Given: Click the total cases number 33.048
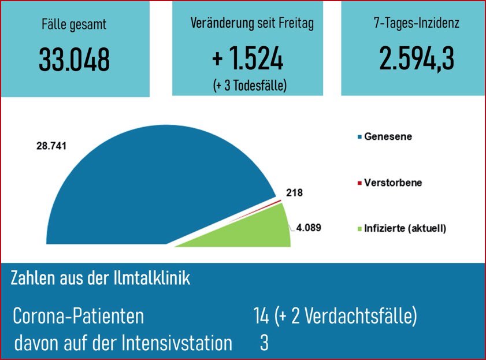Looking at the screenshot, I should [74, 59].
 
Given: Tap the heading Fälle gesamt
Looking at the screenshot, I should [74, 25].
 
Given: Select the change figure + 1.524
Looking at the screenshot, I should [247, 59].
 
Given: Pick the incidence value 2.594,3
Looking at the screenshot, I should [417, 59].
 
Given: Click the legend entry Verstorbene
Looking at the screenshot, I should [392, 183].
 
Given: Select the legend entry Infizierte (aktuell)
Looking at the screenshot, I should [405, 228].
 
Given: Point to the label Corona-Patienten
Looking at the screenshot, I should [79, 317].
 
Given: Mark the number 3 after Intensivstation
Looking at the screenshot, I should [264, 344].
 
